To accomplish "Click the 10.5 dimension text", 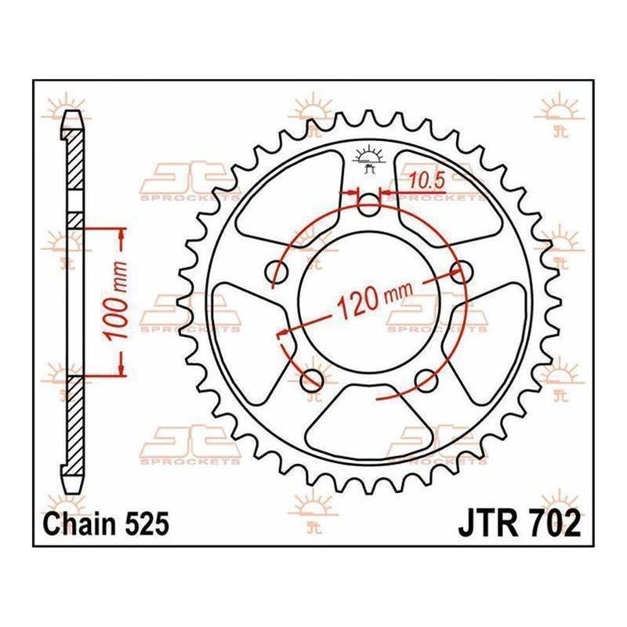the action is point(427,181).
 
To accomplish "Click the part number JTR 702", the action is point(519,524).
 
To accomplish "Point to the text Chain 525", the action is point(106,524).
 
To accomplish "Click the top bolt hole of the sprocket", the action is point(368,205).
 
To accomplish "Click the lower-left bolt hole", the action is point(312,380).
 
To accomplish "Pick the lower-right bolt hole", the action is point(426,380).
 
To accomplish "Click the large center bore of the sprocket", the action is point(369,301).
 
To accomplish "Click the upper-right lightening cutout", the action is point(448,199).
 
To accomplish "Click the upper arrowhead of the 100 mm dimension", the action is point(121,237).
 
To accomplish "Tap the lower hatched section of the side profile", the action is point(74,424).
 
